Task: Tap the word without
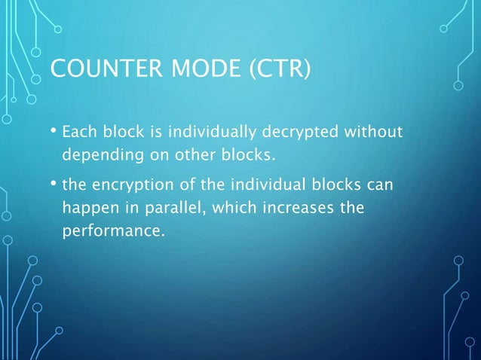(x=374, y=133)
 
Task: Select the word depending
(x=98, y=157)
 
